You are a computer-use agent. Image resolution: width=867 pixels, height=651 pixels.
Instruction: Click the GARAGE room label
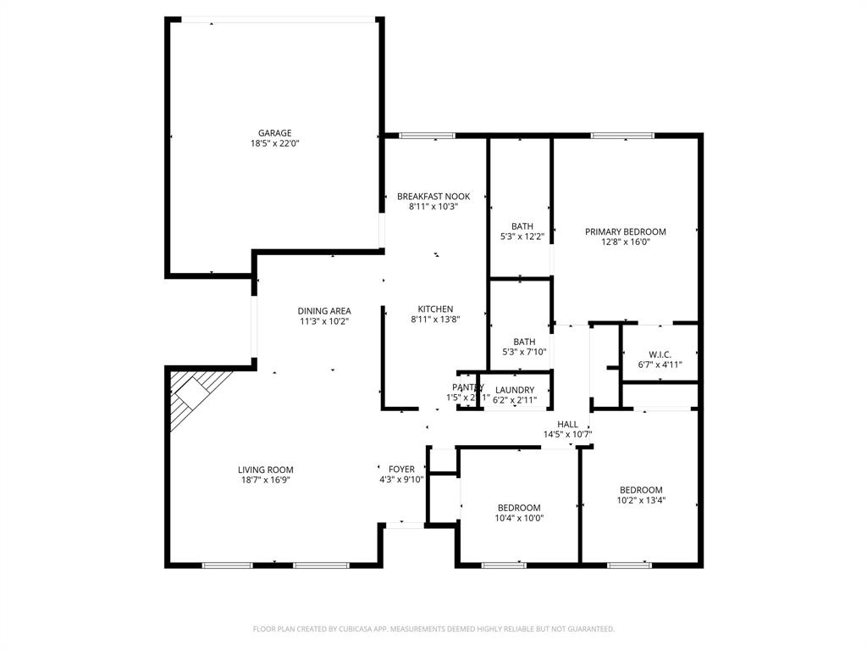coord(274,133)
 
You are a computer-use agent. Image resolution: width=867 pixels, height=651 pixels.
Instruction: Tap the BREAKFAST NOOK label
coord(433,197)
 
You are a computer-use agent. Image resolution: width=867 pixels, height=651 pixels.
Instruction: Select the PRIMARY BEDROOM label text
coord(626,231)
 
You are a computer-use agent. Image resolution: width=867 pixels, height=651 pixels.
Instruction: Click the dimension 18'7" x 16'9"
coord(265,480)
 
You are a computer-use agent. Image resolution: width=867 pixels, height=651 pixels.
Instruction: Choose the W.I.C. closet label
coord(660,354)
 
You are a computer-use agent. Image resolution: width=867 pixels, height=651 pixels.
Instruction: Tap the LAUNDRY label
coord(515,390)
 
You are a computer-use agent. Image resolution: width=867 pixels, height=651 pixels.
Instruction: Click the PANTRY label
coord(467,387)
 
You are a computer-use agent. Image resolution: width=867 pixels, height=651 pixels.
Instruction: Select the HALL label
coord(567,425)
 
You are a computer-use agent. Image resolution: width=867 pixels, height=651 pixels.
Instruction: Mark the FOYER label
coord(401,469)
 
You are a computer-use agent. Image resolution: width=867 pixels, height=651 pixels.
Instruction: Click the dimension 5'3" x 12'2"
coord(522,236)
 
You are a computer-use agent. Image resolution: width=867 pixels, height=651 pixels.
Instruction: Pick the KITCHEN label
coord(435,309)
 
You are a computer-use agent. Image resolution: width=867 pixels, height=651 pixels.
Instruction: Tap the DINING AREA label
coord(323,311)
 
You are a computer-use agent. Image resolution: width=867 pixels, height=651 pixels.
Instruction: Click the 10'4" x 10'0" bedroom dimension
coord(519,518)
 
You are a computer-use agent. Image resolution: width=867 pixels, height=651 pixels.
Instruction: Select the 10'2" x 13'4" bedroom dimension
coord(641,500)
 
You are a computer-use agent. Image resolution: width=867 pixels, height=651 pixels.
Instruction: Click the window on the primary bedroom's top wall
coord(622,135)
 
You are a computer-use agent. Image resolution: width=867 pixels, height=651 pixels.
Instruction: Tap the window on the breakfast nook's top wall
coord(427,135)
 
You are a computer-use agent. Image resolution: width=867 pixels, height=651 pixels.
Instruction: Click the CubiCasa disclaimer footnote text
coord(433,629)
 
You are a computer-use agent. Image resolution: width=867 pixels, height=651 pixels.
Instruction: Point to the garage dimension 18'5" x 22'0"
coord(274,143)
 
